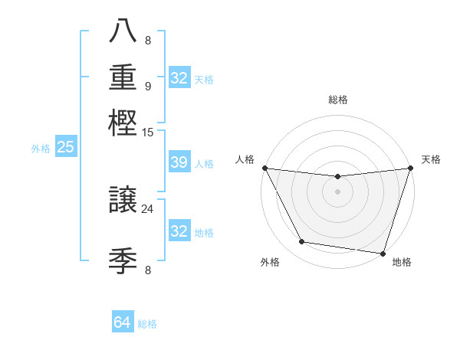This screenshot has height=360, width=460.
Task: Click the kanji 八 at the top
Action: tap(123, 31)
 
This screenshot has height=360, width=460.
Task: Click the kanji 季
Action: tap(123, 260)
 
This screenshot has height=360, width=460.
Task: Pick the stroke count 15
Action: tap(148, 133)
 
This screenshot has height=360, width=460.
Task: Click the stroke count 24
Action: tap(148, 208)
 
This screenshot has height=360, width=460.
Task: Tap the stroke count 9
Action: tap(148, 86)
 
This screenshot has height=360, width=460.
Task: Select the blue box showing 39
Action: tap(179, 162)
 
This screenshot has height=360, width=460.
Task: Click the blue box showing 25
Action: tap(65, 147)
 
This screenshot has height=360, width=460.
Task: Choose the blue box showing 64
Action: tap(123, 322)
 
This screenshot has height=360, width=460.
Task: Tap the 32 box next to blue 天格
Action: tap(179, 78)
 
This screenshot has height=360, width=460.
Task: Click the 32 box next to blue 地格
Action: tap(179, 231)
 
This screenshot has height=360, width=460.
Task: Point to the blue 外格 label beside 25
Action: tap(40, 149)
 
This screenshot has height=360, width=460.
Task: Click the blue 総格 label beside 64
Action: tap(147, 324)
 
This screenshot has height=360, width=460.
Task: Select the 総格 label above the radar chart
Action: tap(337, 100)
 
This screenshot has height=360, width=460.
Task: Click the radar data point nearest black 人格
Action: tap(264, 168)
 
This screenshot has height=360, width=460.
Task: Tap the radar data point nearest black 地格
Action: tap(383, 253)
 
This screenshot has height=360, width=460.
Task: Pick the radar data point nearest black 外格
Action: tap(302, 242)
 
